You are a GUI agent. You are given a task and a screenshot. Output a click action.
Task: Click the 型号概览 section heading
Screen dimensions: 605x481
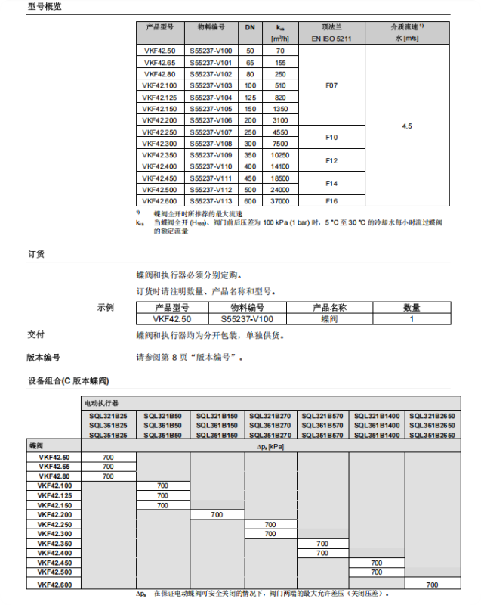point(45,7)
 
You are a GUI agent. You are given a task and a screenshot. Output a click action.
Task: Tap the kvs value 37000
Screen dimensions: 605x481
point(280,200)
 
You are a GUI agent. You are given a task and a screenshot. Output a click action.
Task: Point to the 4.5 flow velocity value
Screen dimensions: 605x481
point(407,126)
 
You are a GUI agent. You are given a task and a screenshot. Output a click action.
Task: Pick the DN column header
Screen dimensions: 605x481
point(250,27)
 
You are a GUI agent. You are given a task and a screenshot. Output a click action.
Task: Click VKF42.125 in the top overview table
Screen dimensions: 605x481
point(159,98)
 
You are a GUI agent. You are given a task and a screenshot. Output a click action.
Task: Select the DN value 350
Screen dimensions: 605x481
point(250,154)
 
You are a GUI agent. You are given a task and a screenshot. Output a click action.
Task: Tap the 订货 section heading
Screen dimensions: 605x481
point(35,254)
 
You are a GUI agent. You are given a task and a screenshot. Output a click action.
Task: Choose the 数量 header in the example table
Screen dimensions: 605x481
point(412,308)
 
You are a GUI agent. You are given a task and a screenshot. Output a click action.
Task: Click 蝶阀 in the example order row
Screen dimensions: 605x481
point(329,319)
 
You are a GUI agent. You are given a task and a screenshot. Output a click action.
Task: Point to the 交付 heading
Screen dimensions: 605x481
point(35,334)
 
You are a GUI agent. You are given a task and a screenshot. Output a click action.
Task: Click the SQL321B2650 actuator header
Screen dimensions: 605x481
point(432,416)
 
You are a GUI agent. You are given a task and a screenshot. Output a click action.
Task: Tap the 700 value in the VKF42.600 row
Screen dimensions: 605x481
point(432,585)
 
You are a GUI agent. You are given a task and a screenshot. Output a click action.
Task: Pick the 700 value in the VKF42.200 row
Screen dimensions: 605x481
point(217,514)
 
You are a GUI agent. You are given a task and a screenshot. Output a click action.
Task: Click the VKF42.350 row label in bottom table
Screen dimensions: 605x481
point(54,544)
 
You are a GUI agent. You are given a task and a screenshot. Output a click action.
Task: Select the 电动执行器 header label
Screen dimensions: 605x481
point(100,403)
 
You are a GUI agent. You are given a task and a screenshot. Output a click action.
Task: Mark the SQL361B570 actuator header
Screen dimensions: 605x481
point(322,426)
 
